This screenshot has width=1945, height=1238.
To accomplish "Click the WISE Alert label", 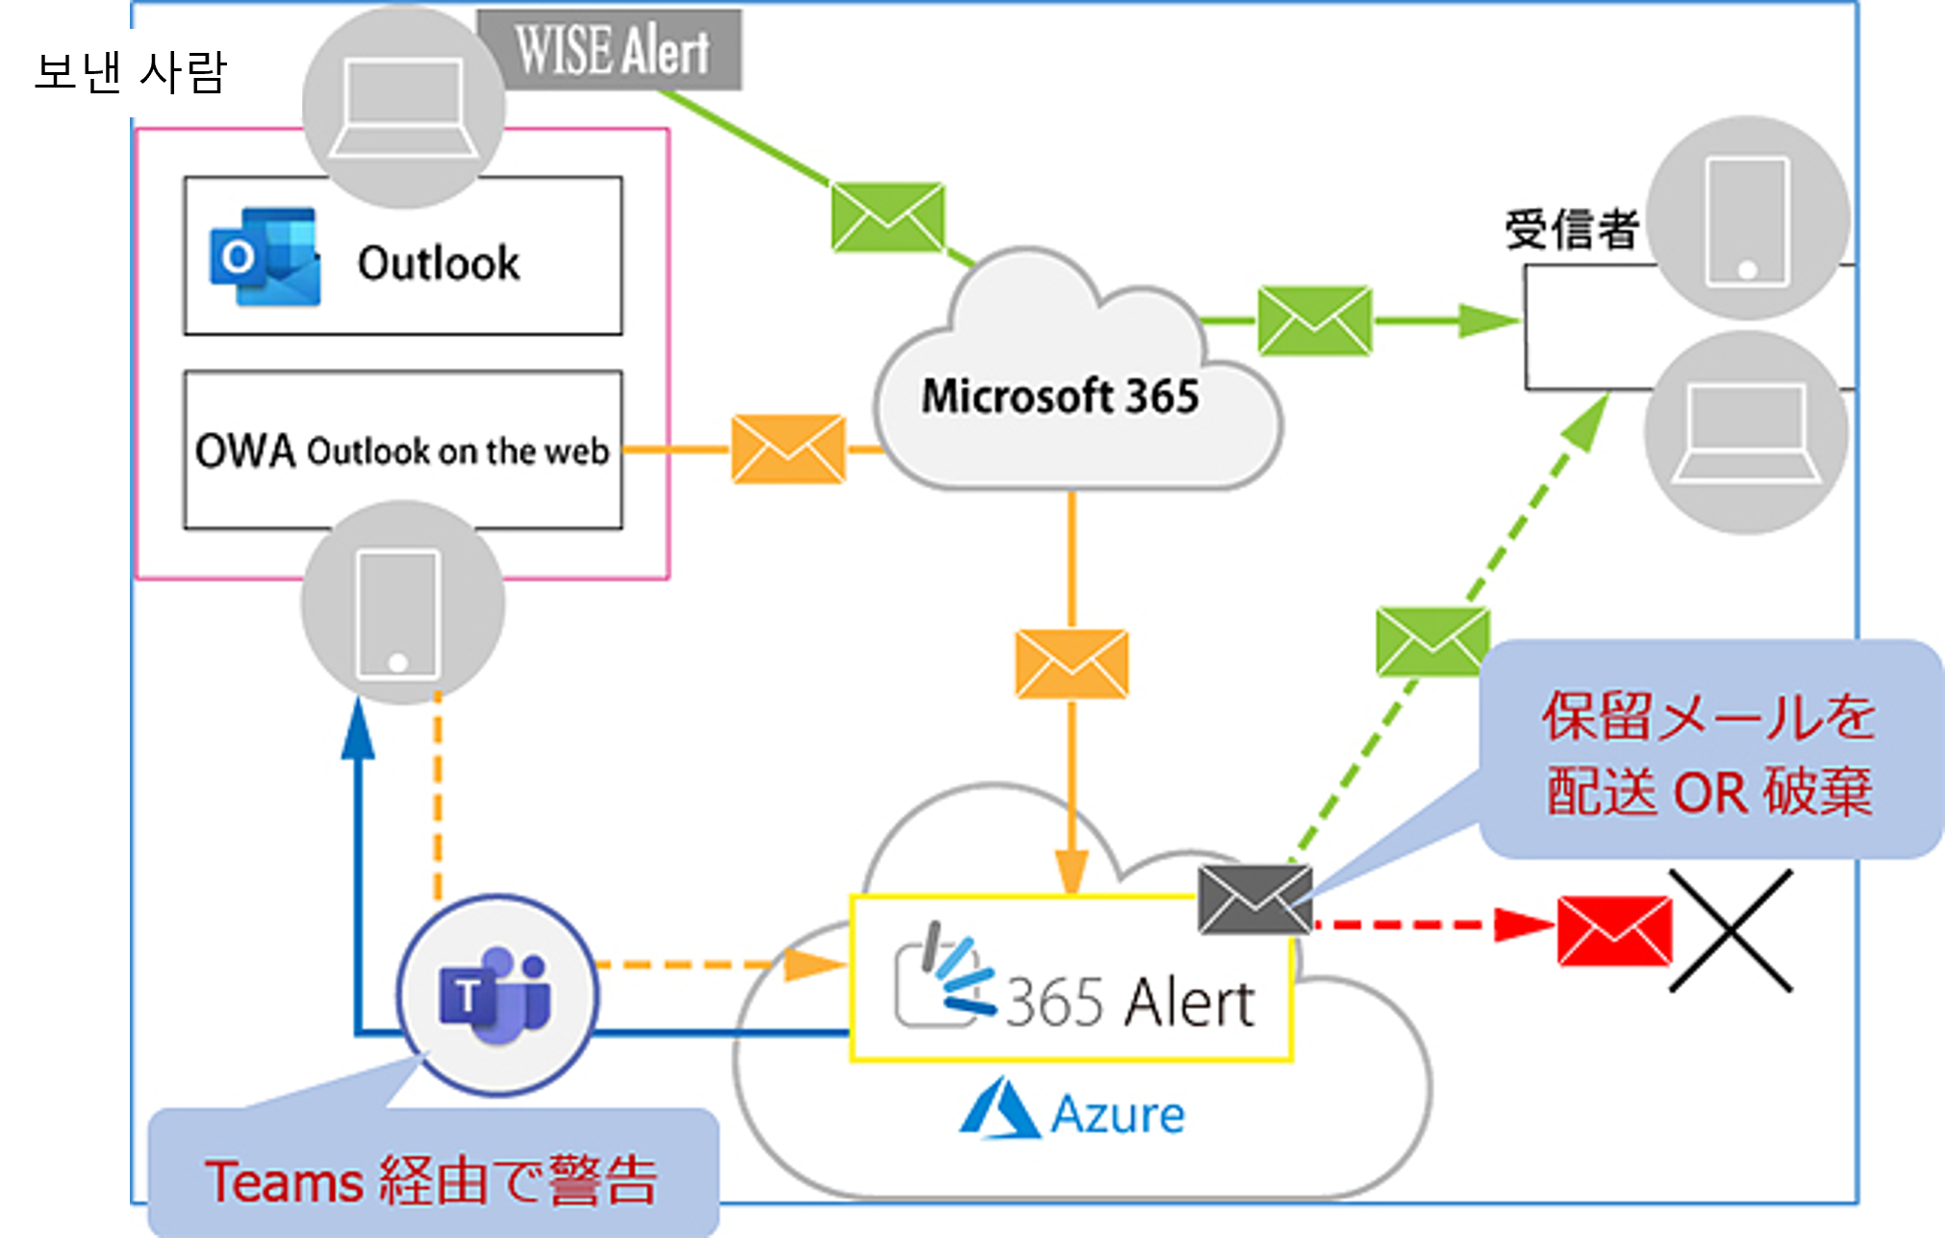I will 612,50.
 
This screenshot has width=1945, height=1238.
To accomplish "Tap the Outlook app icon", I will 265,257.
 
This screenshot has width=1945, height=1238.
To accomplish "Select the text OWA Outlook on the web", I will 402,450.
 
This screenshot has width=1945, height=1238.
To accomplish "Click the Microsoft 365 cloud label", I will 1060,396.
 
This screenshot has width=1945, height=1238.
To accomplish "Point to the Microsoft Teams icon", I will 496,995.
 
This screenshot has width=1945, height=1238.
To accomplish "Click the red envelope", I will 1614,930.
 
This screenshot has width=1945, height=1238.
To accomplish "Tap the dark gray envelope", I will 1254,898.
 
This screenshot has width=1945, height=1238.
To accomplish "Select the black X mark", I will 1730,930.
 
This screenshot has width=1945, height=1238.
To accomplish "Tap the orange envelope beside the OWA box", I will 788,449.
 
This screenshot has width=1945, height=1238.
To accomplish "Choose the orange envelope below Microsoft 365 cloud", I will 1072,664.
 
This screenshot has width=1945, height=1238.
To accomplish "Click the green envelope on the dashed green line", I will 1432,642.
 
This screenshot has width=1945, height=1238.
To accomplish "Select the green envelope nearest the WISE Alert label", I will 887,217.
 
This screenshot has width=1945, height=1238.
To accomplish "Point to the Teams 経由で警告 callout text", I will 431,1180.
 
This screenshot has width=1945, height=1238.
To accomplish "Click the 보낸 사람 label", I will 130,72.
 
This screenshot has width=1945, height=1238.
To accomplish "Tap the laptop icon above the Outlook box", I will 403,107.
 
